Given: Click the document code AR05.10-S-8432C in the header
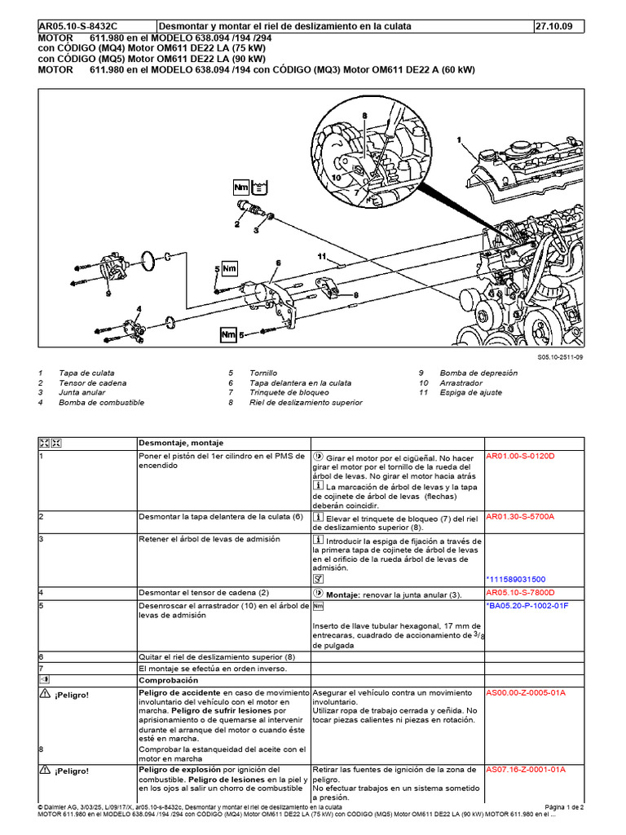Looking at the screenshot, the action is pyautogui.click(x=77, y=26).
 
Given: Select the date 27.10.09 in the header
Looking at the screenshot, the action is pyautogui.click(x=553, y=26).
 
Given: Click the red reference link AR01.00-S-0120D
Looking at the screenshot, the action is pyautogui.click(x=520, y=457).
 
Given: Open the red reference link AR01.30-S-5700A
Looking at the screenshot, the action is pyautogui.click(x=520, y=516).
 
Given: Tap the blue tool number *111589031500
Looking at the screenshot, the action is pyautogui.click(x=516, y=580).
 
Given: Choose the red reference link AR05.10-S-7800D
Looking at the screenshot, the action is pyautogui.click(x=520, y=593).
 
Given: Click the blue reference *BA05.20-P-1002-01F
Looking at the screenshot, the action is pyautogui.click(x=527, y=606).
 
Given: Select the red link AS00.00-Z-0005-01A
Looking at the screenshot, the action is pyautogui.click(x=526, y=693).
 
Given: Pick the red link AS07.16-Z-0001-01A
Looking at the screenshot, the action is pyautogui.click(x=526, y=770).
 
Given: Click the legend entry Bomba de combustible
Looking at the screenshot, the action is pyautogui.click(x=101, y=403).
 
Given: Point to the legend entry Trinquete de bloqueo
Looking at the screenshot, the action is pyautogui.click(x=289, y=392).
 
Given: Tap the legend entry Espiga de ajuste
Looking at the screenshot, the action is pyautogui.click(x=470, y=392).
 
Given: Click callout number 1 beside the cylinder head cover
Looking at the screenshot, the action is pyautogui.click(x=459, y=140).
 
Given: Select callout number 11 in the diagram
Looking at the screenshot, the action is pyautogui.click(x=321, y=256).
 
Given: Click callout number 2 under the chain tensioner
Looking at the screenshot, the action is pyautogui.click(x=237, y=224).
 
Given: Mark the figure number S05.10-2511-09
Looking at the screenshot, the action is pyautogui.click(x=559, y=357).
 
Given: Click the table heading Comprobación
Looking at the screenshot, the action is pyautogui.click(x=168, y=681).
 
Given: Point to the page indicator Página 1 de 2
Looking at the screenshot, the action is pyautogui.click(x=564, y=807).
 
